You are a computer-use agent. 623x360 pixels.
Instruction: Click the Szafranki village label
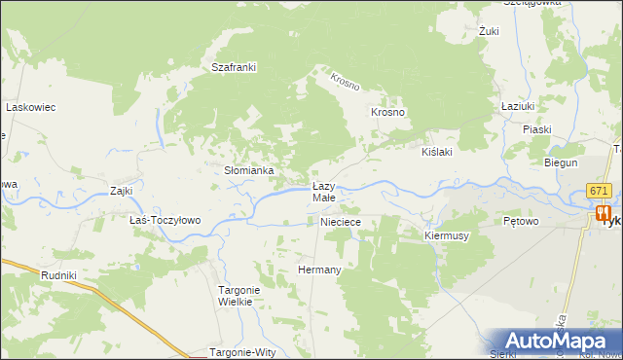[x=234, y=67]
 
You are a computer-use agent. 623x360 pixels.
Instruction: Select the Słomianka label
[x=249, y=170]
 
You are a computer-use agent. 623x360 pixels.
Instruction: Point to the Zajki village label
[x=122, y=191]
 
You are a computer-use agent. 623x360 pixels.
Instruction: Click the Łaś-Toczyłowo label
[x=165, y=220]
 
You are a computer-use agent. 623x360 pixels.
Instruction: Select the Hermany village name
[x=319, y=270]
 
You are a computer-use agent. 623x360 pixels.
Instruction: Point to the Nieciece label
[x=342, y=222]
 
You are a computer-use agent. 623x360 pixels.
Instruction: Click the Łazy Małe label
[x=323, y=192]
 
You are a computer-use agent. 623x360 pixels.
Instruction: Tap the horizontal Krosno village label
[x=387, y=112]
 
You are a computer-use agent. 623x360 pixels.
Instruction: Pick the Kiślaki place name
[x=437, y=153]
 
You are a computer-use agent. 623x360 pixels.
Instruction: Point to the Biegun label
[x=561, y=162]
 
